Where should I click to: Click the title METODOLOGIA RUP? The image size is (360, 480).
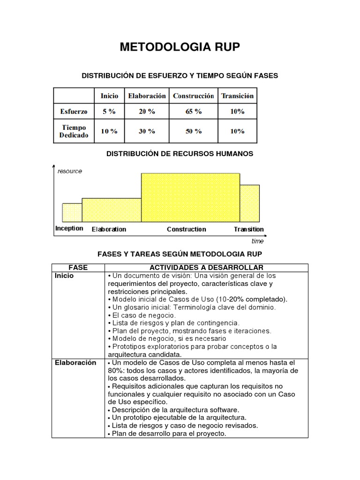pyautogui.click(x=180, y=47)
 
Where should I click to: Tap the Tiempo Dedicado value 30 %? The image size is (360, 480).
pyautogui.click(x=147, y=131)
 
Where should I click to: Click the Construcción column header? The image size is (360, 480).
pyautogui.click(x=193, y=96)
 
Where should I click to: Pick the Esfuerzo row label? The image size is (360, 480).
pyautogui.click(x=74, y=112)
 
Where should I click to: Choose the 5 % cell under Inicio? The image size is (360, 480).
pyautogui.click(x=109, y=112)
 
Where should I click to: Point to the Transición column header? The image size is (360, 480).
pyautogui.click(x=238, y=96)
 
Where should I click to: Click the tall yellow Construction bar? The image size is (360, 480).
pyautogui.click(x=190, y=197)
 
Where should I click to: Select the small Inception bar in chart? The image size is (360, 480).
pyautogui.click(x=72, y=212)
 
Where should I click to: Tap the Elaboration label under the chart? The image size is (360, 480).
pyautogui.click(x=109, y=229)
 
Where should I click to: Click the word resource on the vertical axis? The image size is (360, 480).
pyautogui.click(x=69, y=171)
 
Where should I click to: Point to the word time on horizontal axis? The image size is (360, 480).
pyautogui.click(x=257, y=241)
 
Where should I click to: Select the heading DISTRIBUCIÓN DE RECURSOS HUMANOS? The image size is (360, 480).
pyautogui.click(x=180, y=154)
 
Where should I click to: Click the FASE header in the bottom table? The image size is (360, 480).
pyautogui.click(x=78, y=267)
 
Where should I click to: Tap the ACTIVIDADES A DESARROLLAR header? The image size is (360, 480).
pyautogui.click(x=206, y=267)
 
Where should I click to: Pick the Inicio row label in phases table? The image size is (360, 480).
pyautogui.click(x=64, y=276)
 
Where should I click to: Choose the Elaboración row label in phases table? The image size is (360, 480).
pyautogui.click(x=75, y=362)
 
